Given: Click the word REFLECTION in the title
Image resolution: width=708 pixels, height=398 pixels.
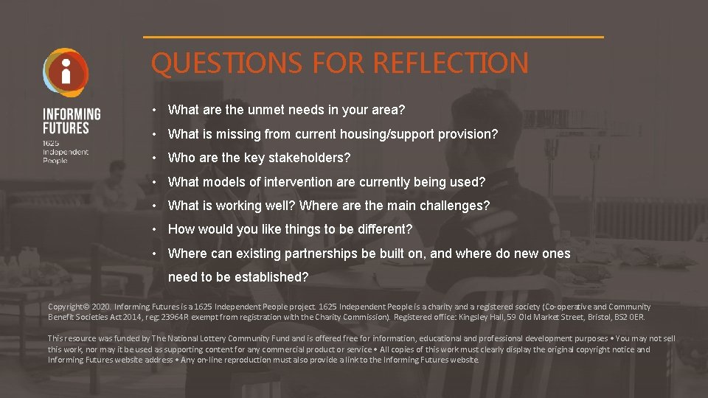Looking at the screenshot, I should coord(451,63).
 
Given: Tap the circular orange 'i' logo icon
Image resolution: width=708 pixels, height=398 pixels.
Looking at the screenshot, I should coord(66,72).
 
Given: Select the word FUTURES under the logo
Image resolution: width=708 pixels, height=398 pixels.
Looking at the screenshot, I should coord(66,128).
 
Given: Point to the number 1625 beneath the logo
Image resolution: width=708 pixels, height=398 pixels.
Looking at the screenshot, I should coord(51,142).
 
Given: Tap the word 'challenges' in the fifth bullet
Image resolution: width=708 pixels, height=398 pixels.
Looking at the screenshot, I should coord(457,206).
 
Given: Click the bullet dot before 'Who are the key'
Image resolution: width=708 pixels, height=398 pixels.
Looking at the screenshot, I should coord(156,158).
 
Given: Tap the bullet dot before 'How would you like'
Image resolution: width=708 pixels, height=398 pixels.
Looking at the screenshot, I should coord(156,230).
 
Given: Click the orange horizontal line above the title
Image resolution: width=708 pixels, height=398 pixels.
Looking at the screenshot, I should coord(372,37).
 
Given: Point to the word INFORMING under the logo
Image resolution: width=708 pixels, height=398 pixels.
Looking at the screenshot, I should coord(72,114).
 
